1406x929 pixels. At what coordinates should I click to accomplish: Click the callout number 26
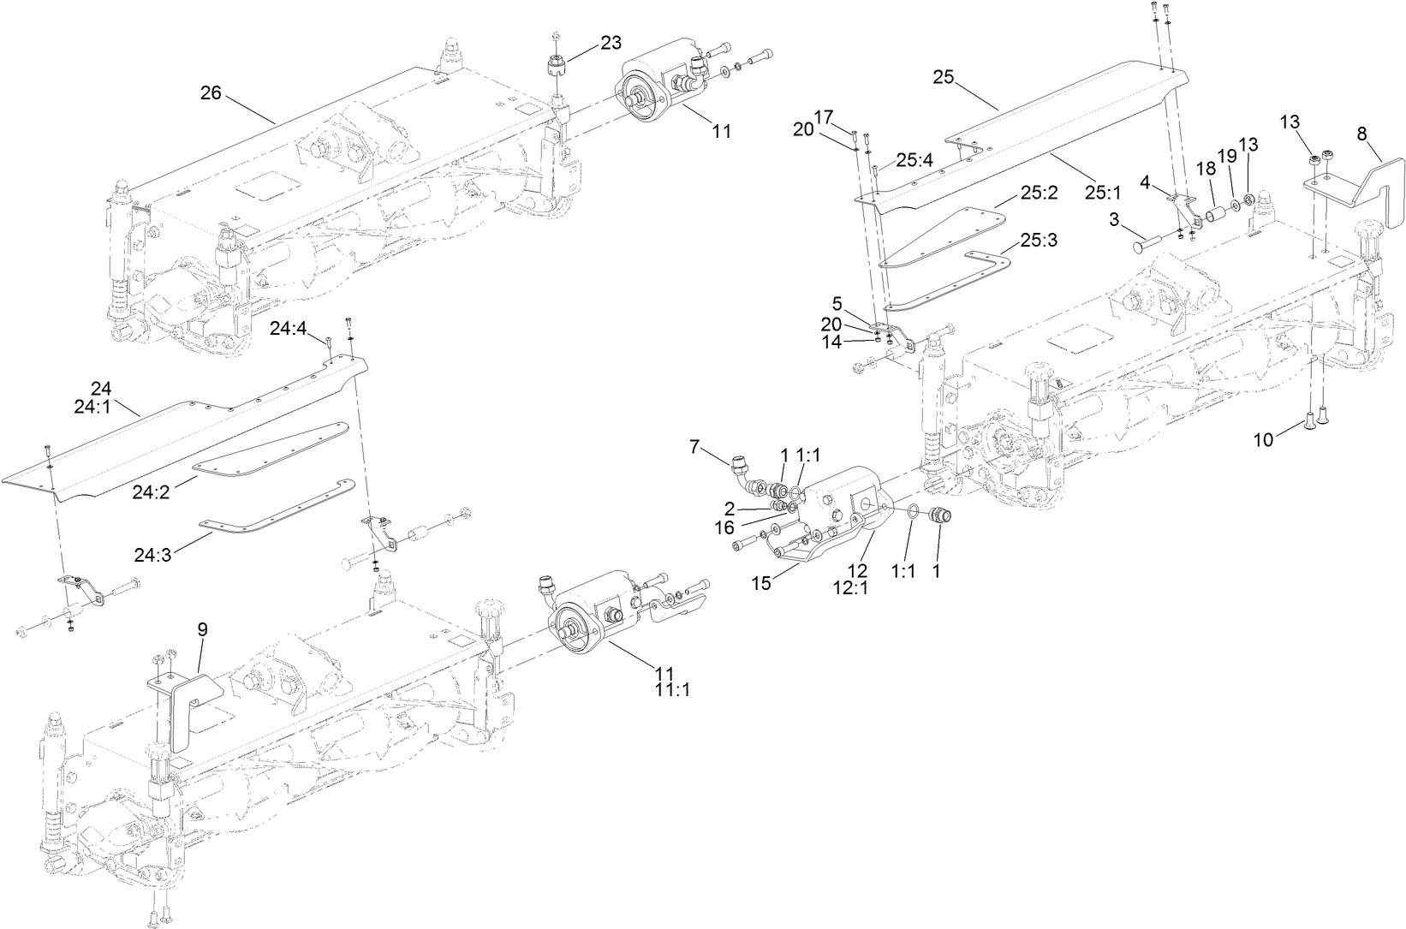(211, 93)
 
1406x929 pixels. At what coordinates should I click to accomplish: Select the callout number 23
(611, 42)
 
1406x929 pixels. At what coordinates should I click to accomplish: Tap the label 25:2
(1039, 193)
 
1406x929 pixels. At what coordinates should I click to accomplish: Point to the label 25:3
(1039, 241)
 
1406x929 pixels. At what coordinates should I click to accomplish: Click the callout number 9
(202, 629)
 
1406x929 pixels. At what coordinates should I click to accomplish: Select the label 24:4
(289, 328)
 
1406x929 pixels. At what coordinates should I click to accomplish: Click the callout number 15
(762, 583)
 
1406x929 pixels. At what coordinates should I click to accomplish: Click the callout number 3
(1114, 220)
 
